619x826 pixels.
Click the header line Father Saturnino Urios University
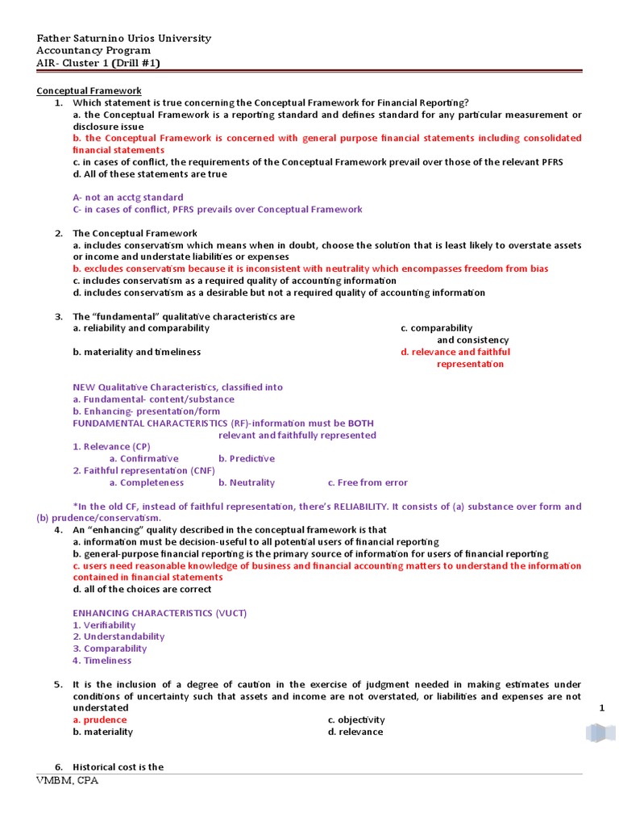(124, 38)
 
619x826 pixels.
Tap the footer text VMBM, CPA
(68, 782)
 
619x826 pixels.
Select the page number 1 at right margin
(601, 707)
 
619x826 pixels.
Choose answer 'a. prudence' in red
(100, 720)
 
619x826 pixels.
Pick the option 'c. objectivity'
(356, 720)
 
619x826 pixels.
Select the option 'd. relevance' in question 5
(355, 732)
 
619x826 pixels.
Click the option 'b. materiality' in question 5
(103, 732)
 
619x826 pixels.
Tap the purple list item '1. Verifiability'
(104, 625)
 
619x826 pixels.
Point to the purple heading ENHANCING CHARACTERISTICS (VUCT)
(160, 613)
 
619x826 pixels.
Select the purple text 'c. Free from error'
(368, 482)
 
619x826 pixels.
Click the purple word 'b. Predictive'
(246, 458)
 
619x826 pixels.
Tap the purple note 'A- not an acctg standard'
(127, 197)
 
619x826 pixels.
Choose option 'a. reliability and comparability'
(141, 328)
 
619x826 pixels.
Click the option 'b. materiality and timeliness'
(137, 352)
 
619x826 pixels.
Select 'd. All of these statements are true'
(150, 173)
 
